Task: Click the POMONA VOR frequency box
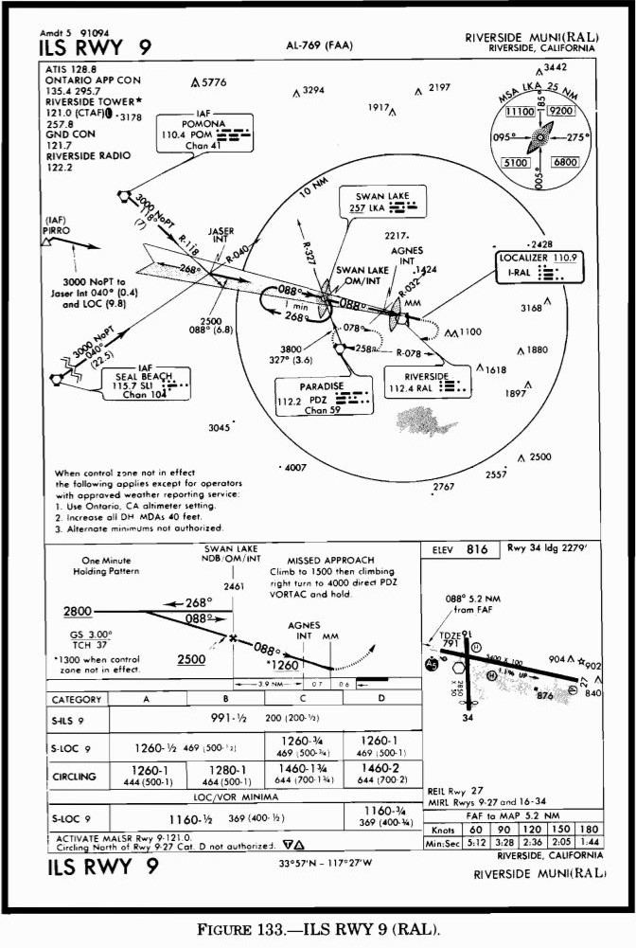(203, 134)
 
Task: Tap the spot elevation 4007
(295, 468)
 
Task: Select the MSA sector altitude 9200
(561, 111)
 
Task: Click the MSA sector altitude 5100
(518, 162)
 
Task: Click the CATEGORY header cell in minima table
(76, 700)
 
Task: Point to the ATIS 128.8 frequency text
(70, 70)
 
